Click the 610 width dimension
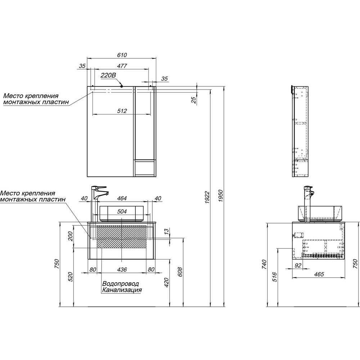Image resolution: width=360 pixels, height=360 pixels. pyautogui.click(x=122, y=55)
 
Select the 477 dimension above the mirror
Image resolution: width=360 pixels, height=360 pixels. pyautogui.click(x=122, y=66)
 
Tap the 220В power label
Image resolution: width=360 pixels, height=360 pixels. pyautogui.click(x=109, y=75)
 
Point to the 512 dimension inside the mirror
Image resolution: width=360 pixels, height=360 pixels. pyautogui.click(x=122, y=111)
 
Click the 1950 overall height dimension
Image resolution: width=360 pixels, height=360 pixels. pyautogui.click(x=220, y=196)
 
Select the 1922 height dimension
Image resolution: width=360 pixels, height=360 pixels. pyautogui.click(x=207, y=197)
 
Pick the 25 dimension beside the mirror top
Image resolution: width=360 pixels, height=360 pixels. pyautogui.click(x=194, y=100)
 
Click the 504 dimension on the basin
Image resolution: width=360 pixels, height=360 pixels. pyautogui.click(x=122, y=211)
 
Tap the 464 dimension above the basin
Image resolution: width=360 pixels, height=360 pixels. pyautogui.click(x=122, y=198)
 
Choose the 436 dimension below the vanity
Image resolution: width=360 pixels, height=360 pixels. pyautogui.click(x=122, y=269)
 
